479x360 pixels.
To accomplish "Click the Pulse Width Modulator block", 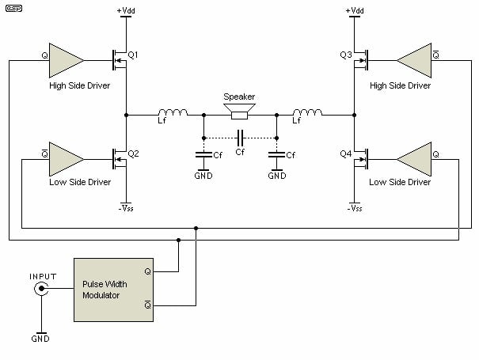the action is [114, 290].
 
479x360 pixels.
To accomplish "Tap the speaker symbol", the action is [239, 112].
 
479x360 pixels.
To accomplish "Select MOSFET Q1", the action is [120, 60].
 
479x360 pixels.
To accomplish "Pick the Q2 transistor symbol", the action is [120, 159].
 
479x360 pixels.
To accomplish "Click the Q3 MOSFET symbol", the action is [361, 60].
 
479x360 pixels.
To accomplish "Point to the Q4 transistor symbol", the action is [361, 159].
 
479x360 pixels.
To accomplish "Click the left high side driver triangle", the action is [67, 60].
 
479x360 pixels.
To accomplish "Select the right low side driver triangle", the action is [414, 159].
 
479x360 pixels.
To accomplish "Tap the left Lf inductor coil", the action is [173, 112].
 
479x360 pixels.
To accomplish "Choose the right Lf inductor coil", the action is [307, 112].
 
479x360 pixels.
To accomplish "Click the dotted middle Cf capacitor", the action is [241, 138].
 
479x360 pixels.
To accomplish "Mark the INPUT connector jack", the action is [41, 288].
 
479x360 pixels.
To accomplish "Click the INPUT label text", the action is [43, 276].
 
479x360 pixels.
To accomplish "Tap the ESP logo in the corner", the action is [14, 8].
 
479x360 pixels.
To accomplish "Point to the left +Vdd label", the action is [126, 11].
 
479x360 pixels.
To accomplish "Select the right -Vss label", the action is [355, 208].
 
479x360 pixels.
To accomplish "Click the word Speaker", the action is [239, 97].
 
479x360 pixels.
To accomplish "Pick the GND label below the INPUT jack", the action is [40, 339].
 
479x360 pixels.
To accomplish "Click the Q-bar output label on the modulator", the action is [147, 305].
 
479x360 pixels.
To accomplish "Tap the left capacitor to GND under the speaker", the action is [203, 155].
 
